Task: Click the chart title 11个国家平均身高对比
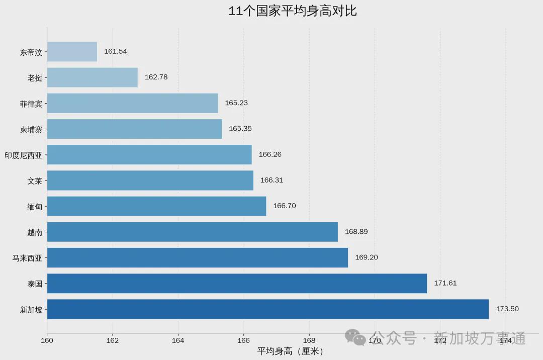pos(292,11)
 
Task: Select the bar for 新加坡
pos(267,309)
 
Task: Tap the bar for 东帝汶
pos(72,52)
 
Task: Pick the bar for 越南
pos(192,232)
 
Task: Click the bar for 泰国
pos(237,284)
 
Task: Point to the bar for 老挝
pos(92,77)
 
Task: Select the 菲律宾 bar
pos(132,103)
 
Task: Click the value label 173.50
pos(507,309)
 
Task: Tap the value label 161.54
pos(115,51)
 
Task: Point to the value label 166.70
pos(284,206)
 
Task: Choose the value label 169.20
pos(366,257)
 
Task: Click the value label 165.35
pos(240,129)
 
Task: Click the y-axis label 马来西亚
pos(27,258)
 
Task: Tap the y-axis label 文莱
pos(35,181)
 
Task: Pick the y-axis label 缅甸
pos(35,206)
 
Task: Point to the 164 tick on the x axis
pos(178,340)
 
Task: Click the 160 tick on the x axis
pos(47,340)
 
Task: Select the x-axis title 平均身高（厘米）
pos(292,351)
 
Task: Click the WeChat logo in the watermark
pos(355,337)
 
